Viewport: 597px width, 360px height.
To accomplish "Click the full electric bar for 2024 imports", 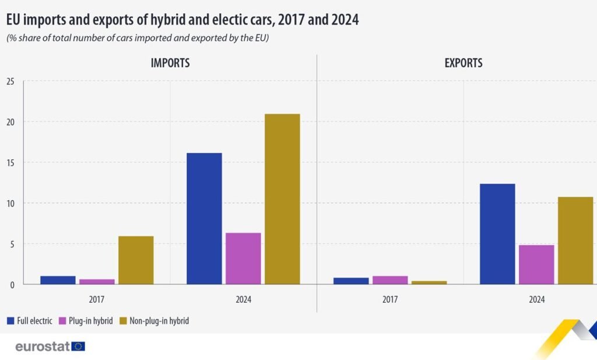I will coord(204,218).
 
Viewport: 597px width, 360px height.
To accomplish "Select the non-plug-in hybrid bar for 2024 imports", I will coord(282,199).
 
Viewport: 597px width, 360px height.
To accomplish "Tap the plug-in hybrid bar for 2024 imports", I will coord(243,258).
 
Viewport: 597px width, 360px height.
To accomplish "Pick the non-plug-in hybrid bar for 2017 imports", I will coord(136,260).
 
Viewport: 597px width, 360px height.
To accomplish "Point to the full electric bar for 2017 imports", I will coord(58,280).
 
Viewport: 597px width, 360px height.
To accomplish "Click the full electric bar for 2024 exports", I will coord(497,234).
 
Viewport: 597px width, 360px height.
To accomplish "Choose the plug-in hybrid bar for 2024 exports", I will coord(536,264).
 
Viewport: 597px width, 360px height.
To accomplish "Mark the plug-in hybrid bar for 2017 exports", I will coord(390,280).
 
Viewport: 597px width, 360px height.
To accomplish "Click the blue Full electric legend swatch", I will coord(10,321).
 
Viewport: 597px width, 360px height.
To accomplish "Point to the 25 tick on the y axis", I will coord(10,81).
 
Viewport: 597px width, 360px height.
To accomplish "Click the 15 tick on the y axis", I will coord(10,162).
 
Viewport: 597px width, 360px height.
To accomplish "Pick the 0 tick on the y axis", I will coord(12,284).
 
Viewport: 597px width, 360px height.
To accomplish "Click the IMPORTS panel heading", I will coord(170,63).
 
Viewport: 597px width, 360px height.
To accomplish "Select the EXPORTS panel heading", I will coord(463,63).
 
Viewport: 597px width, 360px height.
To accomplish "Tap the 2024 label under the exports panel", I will coord(536,300).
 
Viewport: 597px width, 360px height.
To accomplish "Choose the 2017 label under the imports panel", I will coord(97,300).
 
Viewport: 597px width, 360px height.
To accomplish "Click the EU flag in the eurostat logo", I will coord(78,347).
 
